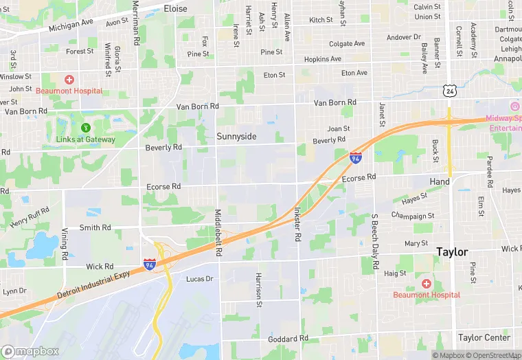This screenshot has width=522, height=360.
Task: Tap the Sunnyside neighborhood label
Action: click(236, 137)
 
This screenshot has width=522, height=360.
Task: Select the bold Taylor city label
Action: click(452, 252)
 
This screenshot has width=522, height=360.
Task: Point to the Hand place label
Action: click(440, 182)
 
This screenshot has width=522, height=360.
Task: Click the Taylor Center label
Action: click(484, 337)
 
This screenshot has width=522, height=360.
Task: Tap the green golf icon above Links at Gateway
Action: click(86, 127)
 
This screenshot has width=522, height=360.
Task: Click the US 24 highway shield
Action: click(449, 90)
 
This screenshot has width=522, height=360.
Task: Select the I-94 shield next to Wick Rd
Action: click(149, 264)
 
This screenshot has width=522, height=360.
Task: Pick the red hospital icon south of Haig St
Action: click(426, 284)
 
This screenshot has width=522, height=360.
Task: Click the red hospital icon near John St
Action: click(69, 80)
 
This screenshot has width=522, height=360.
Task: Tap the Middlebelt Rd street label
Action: click(218, 234)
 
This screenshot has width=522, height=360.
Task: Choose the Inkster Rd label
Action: click(297, 224)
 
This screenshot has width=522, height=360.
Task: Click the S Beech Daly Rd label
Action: click(375, 244)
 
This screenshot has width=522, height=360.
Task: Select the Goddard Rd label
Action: click(288, 339)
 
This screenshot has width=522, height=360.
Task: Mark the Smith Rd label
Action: click(95, 227)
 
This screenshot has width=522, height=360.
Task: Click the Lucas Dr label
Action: click(200, 279)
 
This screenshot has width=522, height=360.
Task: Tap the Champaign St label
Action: click(413, 216)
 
